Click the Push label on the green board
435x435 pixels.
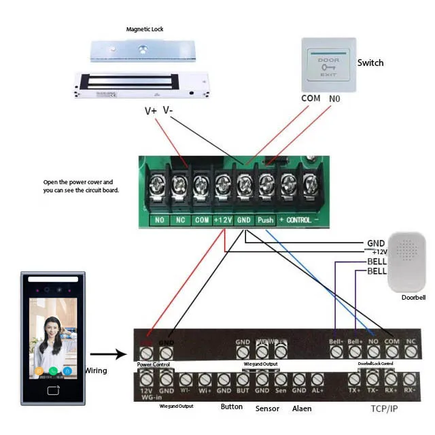[x=265, y=220]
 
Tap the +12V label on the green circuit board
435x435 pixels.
[x=222, y=220]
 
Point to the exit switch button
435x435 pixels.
[x=328, y=68]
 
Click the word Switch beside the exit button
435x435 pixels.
[x=370, y=63]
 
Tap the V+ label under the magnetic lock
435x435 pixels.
[x=150, y=111]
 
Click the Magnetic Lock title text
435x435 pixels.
[x=145, y=29]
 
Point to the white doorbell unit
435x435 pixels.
[x=406, y=262]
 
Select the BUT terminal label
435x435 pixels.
[x=243, y=391]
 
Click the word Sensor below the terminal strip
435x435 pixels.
[x=267, y=408]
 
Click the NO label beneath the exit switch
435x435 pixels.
[x=335, y=99]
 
